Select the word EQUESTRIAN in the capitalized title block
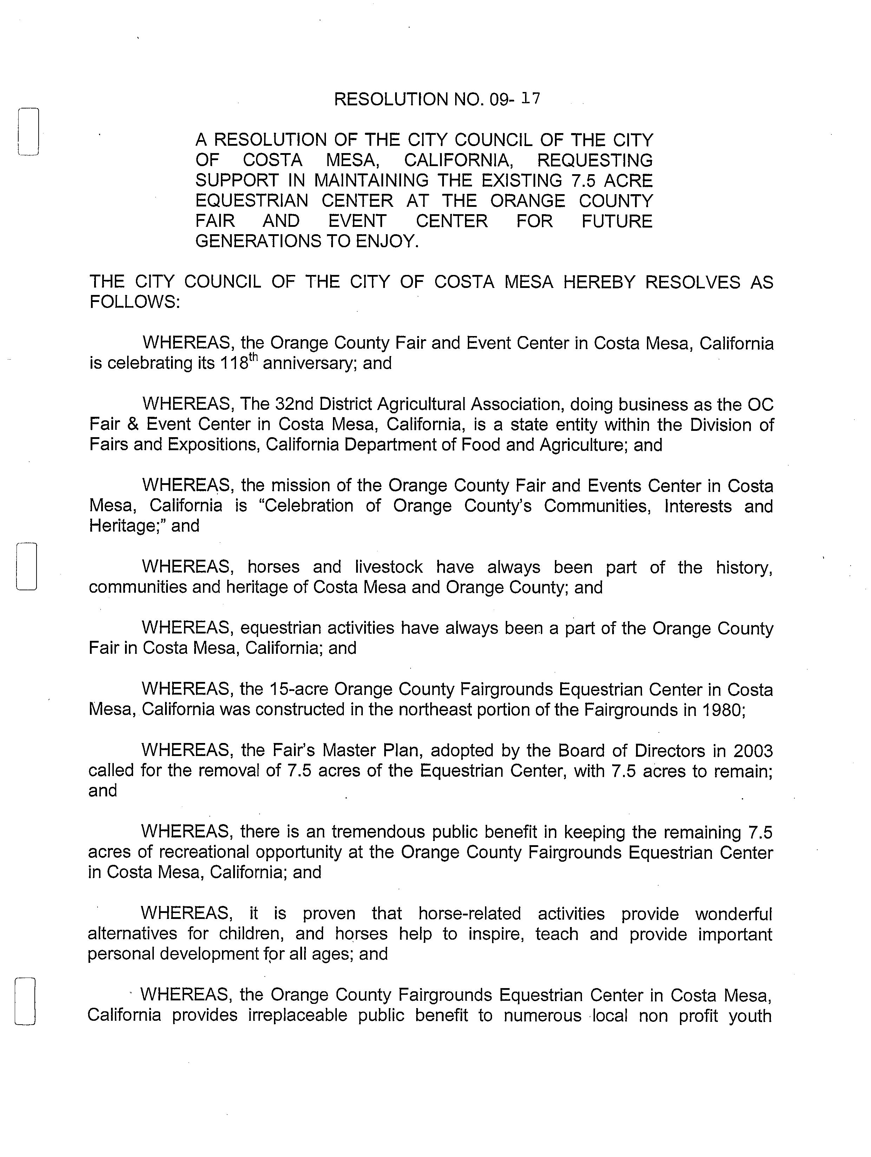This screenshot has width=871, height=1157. coord(253,201)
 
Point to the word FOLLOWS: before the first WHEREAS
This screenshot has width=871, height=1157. coord(135,302)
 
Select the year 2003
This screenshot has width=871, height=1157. coord(752,751)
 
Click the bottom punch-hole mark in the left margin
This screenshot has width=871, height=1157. coord(25,1001)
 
